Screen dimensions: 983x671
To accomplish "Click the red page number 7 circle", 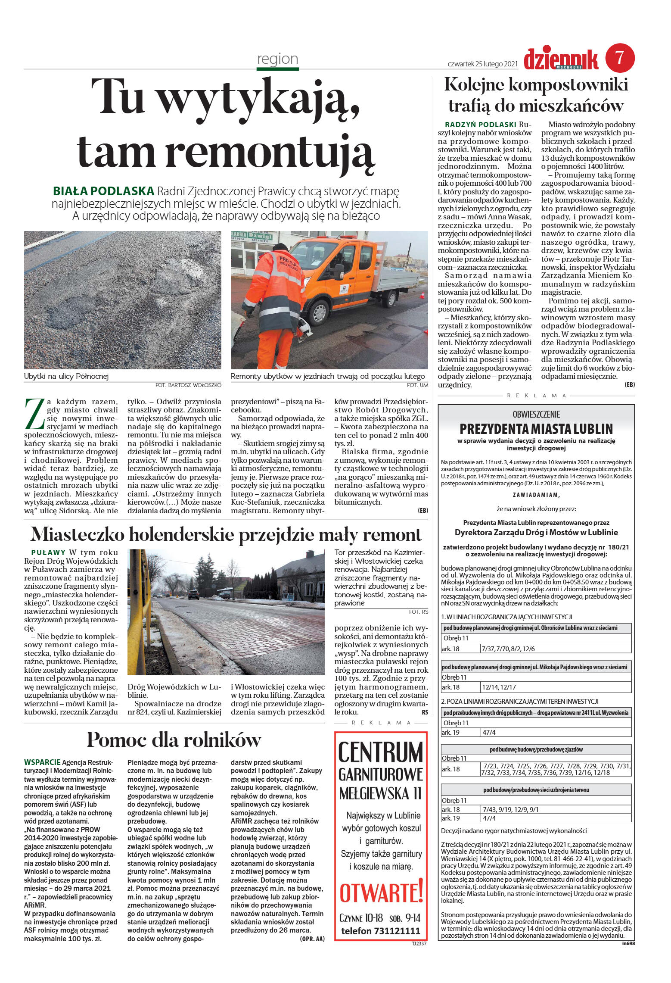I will [x=620, y=58].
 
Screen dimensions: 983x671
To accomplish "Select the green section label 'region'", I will [x=277, y=59].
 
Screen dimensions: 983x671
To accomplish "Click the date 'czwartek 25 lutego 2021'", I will [x=482, y=64].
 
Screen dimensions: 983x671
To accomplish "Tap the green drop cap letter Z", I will [x=34, y=414].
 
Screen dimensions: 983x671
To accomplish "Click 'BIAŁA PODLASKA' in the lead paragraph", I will [x=103, y=191].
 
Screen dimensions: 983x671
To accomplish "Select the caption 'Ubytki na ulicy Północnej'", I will [x=66, y=376].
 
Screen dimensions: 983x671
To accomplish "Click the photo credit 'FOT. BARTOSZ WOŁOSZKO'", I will [x=188, y=385].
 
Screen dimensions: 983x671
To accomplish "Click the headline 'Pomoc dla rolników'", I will [x=174, y=740].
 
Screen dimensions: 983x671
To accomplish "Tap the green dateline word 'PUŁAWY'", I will [x=48, y=552].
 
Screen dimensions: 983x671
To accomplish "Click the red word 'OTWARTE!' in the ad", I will [x=381, y=893].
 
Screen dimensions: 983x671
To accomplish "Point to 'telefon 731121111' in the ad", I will [x=381, y=931].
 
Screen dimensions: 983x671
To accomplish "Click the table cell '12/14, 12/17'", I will [x=499, y=687].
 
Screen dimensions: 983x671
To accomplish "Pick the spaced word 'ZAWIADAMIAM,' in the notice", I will [x=536, y=495].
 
